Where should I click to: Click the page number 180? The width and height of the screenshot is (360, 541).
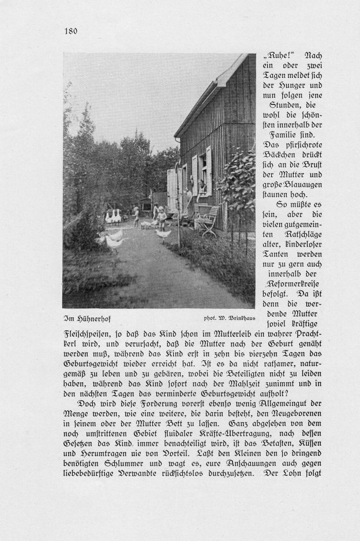coord(70,31)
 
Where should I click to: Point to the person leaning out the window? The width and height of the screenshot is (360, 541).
coord(201,186)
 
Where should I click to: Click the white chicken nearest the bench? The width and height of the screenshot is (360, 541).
coord(163,234)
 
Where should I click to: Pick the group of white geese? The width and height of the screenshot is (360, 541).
coord(113,217)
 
